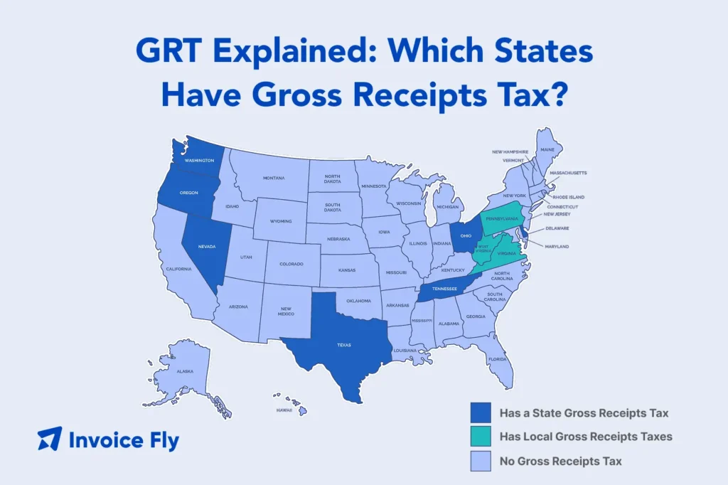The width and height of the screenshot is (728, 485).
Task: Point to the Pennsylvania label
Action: [507, 220]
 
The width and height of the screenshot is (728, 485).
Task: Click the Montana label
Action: [274, 178]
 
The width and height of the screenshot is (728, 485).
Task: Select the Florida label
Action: [497, 359]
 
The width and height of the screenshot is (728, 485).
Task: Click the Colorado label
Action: [291, 264]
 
